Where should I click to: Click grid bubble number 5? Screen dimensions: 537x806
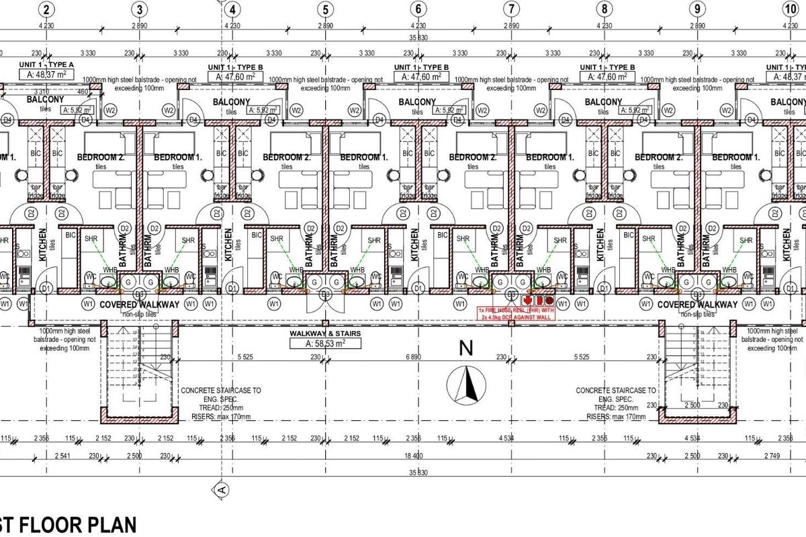point(325,9)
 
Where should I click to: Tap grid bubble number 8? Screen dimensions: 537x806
point(604,9)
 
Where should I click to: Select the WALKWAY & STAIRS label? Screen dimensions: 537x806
point(324,334)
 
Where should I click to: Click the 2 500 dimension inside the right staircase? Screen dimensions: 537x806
point(692,405)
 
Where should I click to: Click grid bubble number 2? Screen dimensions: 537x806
point(46,9)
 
